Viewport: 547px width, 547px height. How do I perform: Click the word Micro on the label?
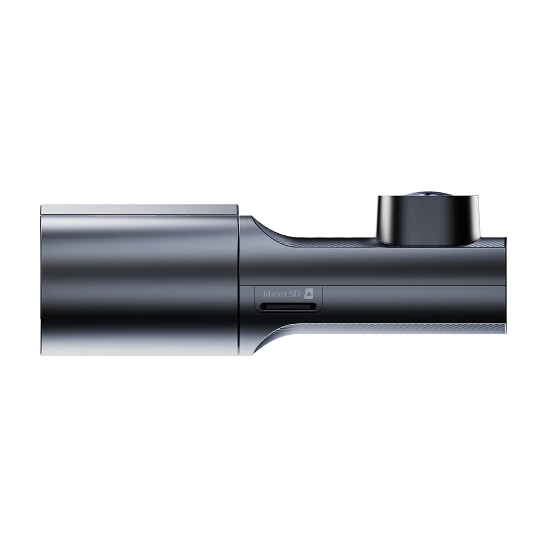[x=276, y=294]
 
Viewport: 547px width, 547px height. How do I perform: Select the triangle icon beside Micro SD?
[x=309, y=294]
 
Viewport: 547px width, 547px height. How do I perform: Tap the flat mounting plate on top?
[x=140, y=210]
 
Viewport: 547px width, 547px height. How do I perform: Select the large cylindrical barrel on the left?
[x=140, y=285]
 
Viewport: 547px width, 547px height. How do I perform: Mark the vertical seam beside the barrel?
[x=239, y=285]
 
